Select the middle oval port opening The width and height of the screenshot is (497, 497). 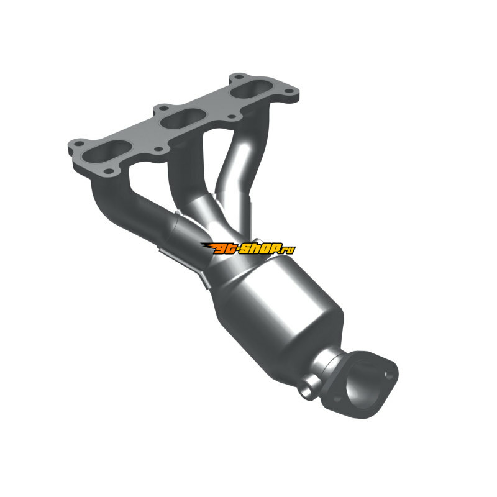pyautogui.click(x=184, y=119)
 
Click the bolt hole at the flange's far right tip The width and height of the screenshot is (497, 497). pyautogui.click(x=289, y=91)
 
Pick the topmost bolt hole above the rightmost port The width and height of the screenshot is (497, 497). pyautogui.click(x=240, y=76)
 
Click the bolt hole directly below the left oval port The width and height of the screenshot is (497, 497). pyautogui.click(x=109, y=171)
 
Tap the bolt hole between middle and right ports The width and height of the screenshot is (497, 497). pyautogui.click(x=232, y=117)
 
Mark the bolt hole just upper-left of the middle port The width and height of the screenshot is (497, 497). pyautogui.click(x=163, y=108)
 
